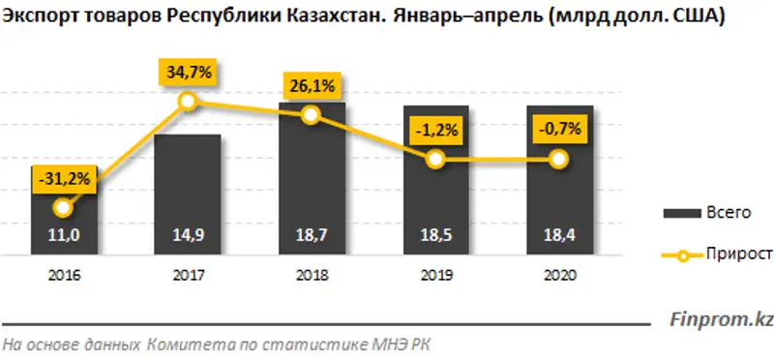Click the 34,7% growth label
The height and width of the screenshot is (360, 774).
(x=188, y=72)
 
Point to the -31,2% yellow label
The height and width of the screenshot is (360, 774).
(x=64, y=178)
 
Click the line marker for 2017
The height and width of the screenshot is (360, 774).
(x=188, y=101)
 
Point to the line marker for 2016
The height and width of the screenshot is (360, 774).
(x=64, y=207)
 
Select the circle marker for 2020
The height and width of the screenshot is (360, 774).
(x=559, y=160)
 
